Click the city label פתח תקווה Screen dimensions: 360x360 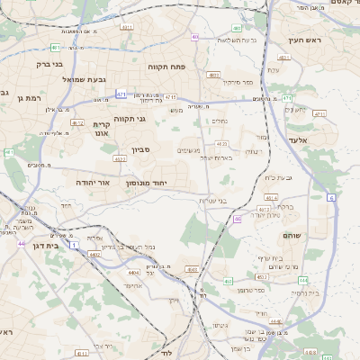click(x=167, y=66)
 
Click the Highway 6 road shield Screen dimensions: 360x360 click(x=330, y=196)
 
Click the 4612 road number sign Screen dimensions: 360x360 click(x=77, y=122)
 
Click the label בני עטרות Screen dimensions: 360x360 click(x=236, y=200)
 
